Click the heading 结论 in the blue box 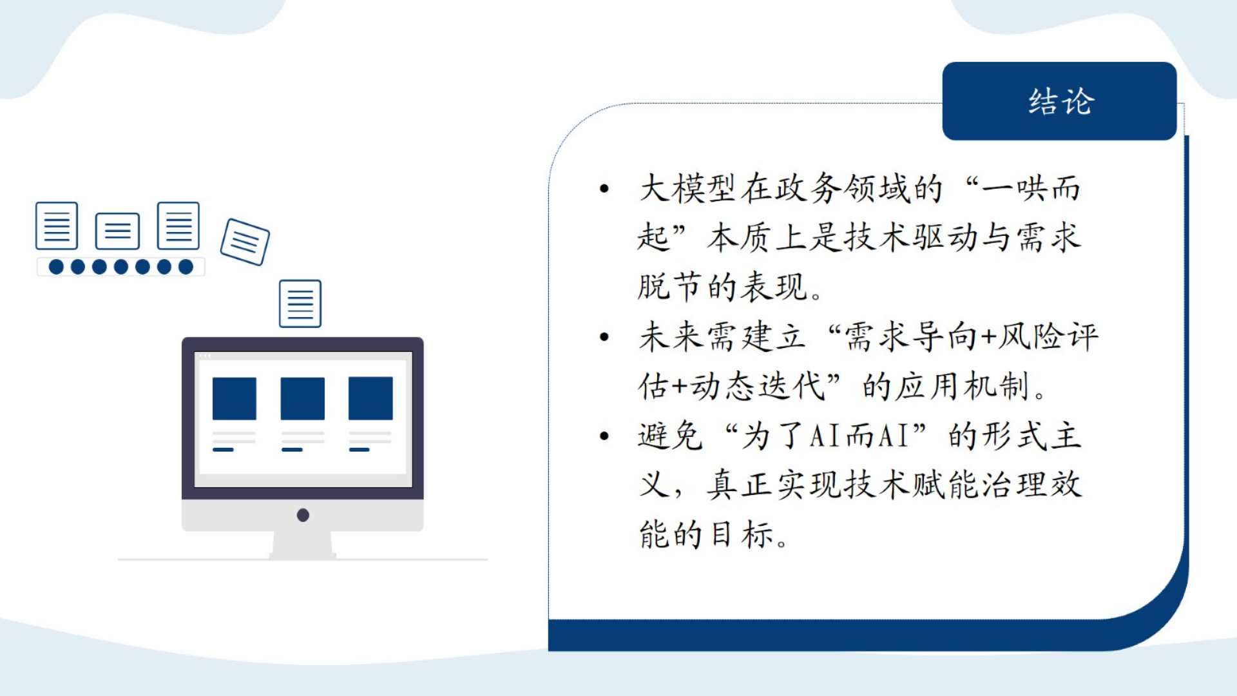click(1060, 102)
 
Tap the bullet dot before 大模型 click(604, 189)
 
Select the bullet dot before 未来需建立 click(604, 337)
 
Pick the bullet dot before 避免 click(604, 436)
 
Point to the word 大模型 click(687, 189)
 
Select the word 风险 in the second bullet click(1030, 337)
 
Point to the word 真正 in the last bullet click(740, 485)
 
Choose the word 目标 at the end click(740, 535)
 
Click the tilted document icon click(245, 242)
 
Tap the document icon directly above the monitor click(300, 304)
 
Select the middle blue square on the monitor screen click(302, 399)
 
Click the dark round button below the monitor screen click(303, 515)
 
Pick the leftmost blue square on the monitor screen click(235, 399)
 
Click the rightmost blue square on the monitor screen click(370, 399)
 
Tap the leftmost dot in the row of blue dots click(56, 267)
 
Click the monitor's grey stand click(302, 545)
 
